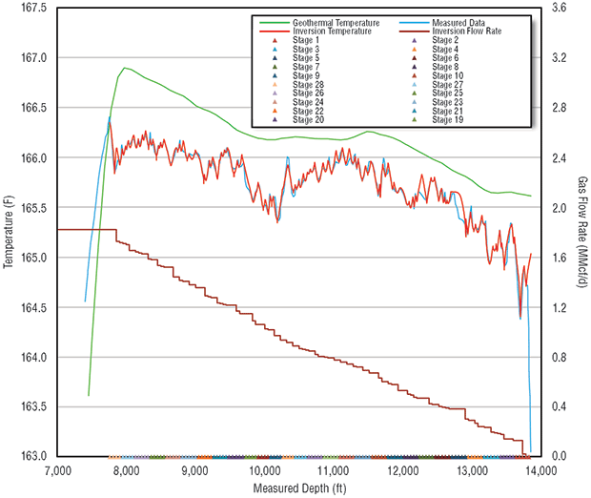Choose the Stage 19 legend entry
(x=447, y=120)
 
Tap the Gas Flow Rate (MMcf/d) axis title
(x=581, y=232)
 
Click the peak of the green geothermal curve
(x=125, y=68)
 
